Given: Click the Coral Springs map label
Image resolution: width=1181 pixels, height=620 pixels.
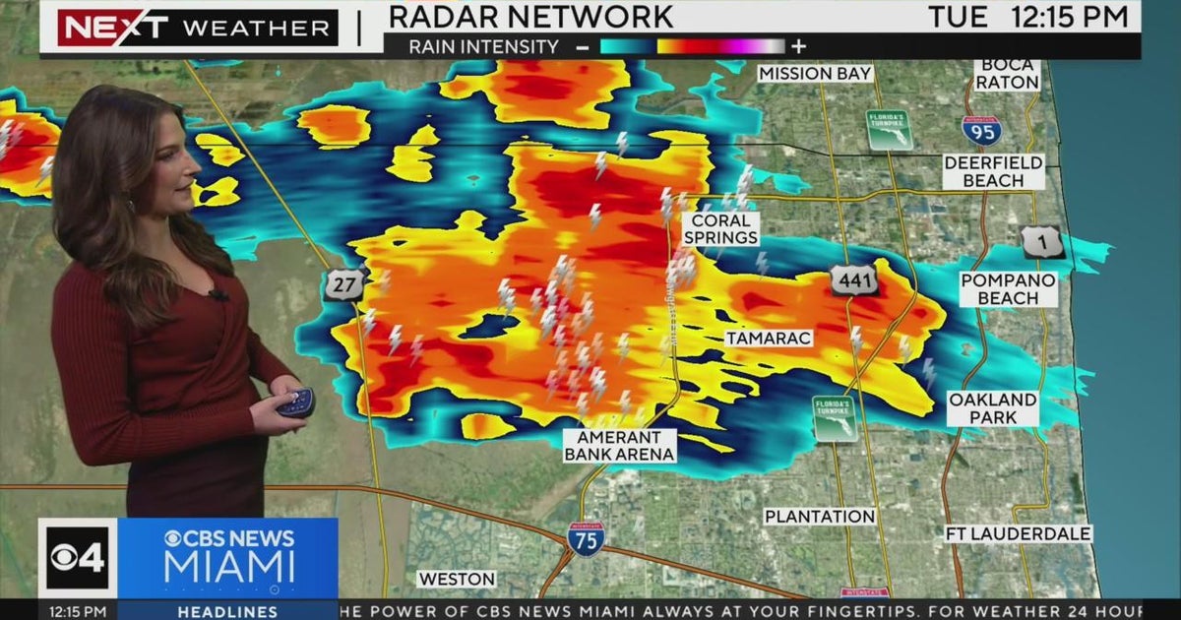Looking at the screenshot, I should (723, 229).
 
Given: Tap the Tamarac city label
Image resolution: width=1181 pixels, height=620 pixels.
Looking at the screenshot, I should (769, 339).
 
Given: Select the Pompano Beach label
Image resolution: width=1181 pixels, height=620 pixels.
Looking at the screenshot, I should (1008, 289).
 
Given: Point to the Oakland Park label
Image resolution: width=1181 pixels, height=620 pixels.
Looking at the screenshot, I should (992, 408).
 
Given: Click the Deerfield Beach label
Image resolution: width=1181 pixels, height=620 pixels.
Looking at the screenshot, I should (995, 171).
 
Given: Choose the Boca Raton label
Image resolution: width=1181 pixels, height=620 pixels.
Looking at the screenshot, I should (1007, 74).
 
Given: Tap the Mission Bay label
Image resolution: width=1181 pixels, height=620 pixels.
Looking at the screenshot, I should (815, 74).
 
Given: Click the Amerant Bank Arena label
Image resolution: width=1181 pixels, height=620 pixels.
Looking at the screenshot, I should (620, 445).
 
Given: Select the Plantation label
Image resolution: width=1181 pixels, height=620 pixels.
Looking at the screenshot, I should (820, 517).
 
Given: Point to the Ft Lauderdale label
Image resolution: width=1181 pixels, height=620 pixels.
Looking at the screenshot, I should (1018, 533).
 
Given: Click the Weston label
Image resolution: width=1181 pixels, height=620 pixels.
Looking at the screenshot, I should (457, 579).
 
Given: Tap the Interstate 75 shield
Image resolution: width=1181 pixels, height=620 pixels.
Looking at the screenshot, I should (586, 538).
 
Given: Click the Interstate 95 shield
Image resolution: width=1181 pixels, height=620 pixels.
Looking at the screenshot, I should (981, 130).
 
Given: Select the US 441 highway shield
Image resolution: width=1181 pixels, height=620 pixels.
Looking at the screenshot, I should (853, 279).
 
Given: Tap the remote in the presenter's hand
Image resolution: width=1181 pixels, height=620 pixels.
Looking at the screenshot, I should (295, 403).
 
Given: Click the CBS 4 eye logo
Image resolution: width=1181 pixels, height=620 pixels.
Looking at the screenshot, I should (78, 558).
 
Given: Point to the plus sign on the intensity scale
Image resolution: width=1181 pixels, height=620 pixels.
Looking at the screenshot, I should (798, 46).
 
